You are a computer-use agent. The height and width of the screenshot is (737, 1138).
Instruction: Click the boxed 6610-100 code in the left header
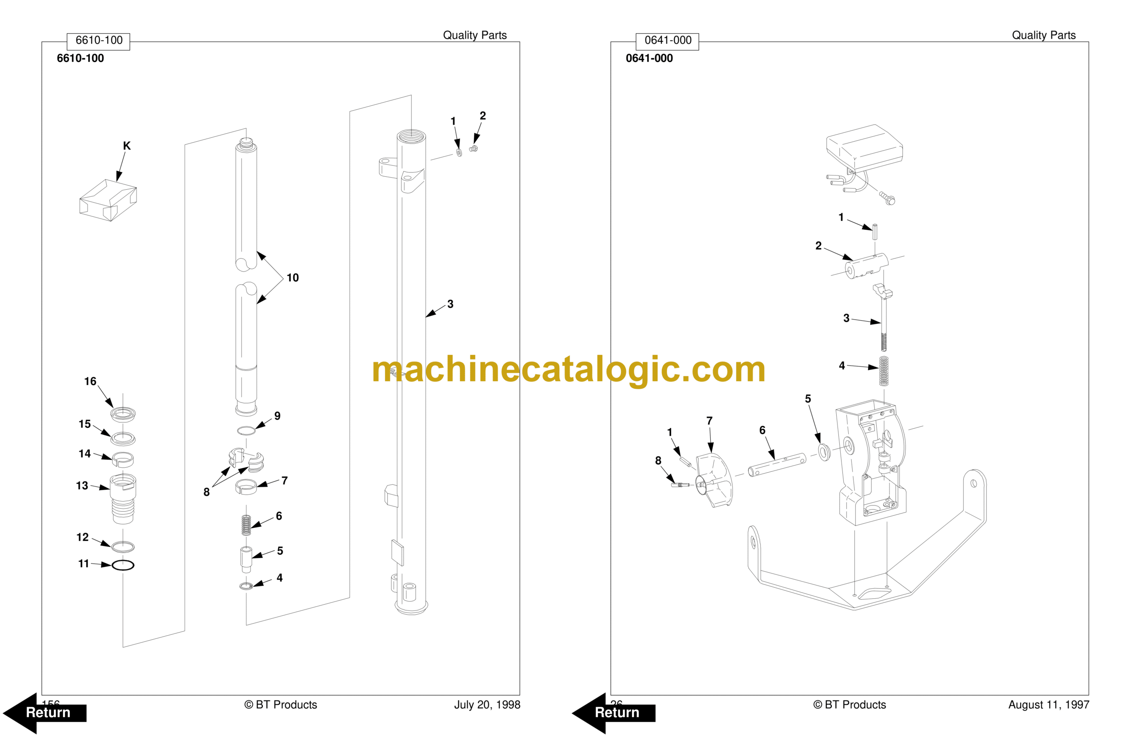(x=99, y=40)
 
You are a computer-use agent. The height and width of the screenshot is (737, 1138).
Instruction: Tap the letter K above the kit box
(x=127, y=146)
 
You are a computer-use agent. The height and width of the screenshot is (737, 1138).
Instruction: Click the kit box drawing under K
(x=108, y=200)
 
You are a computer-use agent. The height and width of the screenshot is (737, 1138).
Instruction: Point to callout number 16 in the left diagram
(x=90, y=382)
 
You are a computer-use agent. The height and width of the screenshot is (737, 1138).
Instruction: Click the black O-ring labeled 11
(x=123, y=565)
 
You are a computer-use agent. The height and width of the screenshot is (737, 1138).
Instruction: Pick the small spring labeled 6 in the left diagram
(x=246, y=525)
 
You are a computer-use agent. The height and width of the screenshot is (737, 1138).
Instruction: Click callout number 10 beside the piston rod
(x=293, y=278)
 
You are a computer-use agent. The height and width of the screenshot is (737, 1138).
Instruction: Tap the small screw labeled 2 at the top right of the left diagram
(x=473, y=149)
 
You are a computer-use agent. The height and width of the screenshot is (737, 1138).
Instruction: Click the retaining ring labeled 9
(x=246, y=431)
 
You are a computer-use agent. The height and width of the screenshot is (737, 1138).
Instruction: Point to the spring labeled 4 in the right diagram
(x=884, y=371)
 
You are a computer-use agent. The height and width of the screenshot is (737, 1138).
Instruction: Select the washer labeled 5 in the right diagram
(x=824, y=451)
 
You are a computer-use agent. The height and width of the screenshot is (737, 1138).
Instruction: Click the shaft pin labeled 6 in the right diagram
(x=777, y=465)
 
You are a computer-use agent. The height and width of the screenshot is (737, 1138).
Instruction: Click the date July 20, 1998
(x=487, y=705)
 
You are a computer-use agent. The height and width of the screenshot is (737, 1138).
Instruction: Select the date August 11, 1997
(x=1049, y=705)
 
